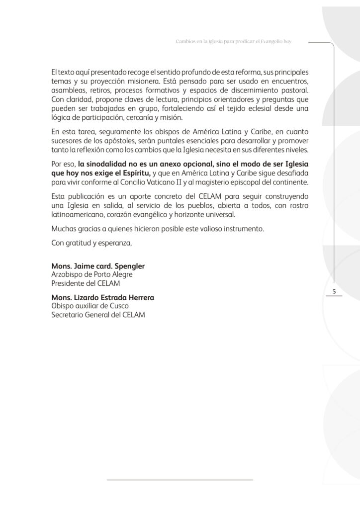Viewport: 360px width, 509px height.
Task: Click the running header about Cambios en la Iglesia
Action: coord(234,42)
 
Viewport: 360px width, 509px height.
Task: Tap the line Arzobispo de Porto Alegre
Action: coord(92,274)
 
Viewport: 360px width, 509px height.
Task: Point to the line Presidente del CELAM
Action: coord(86,283)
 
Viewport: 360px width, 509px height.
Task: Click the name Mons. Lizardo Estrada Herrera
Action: coord(103,297)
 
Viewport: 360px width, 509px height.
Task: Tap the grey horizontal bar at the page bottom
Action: coord(180,479)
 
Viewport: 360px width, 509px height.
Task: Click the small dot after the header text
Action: coord(310,43)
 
